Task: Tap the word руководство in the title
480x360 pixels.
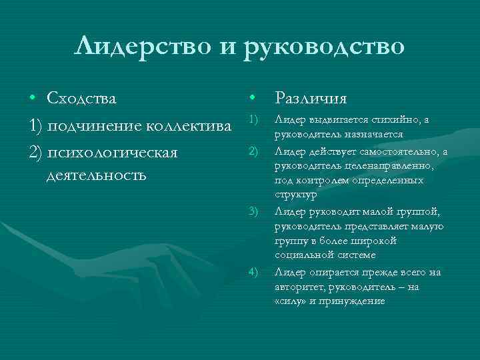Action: [325, 48]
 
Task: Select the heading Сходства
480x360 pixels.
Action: [81, 99]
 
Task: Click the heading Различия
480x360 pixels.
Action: [311, 99]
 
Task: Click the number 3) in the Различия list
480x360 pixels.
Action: [253, 212]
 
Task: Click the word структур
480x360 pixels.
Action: [296, 196]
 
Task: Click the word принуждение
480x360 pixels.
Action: [353, 301]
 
